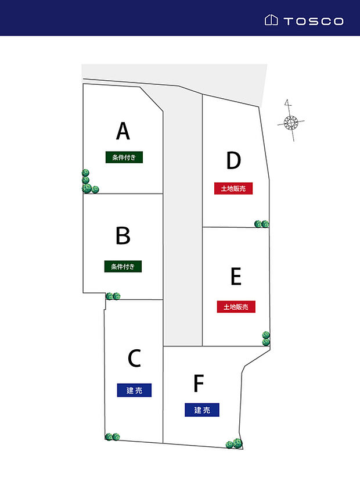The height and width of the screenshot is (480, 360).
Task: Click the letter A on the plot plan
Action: tap(123, 131)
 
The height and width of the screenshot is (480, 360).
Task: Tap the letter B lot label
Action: tap(123, 235)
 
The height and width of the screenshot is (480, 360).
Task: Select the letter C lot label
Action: tap(134, 358)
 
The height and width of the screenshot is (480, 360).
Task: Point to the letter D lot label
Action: tap(233, 160)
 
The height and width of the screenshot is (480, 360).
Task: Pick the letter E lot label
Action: tap(236, 277)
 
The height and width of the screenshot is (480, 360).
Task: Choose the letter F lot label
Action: tap(199, 384)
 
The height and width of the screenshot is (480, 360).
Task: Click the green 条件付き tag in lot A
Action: tap(124, 157)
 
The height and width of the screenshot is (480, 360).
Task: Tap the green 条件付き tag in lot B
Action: tap(123, 266)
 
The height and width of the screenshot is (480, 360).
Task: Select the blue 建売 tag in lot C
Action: tap(134, 391)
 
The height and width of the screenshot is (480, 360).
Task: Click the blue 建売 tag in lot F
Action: tap(202, 410)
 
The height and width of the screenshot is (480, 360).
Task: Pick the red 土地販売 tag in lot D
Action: tap(233, 188)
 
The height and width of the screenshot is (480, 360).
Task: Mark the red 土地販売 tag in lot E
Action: tap(236, 307)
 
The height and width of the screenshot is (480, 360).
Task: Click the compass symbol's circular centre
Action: tap(290, 123)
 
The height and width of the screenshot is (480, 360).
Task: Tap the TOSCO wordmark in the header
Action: tap(314, 21)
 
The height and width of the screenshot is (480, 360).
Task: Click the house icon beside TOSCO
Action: tap(271, 20)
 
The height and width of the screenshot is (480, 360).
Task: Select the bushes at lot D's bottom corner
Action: tap(262, 224)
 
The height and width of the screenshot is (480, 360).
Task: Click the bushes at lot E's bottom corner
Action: tap(266, 338)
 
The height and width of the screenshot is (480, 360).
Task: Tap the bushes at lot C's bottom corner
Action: tap(112, 437)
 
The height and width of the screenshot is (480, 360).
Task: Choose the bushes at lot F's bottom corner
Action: tap(235, 443)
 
